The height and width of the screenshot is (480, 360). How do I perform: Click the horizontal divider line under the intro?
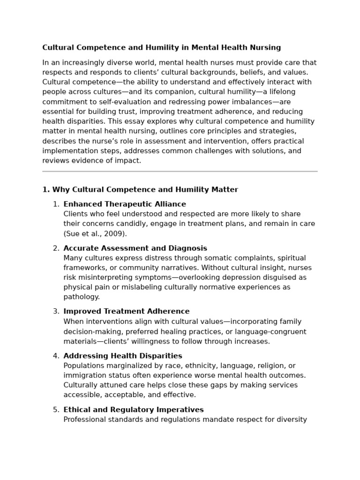[180, 172]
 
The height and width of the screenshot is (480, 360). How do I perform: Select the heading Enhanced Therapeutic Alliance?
[125, 204]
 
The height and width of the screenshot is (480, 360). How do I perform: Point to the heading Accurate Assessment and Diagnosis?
[135, 248]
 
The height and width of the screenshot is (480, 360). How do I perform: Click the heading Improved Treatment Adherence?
[127, 311]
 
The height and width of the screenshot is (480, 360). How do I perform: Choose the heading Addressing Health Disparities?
[123, 356]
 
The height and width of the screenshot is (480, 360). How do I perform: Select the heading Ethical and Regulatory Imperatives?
[134, 410]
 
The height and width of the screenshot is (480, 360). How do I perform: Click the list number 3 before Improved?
[56, 311]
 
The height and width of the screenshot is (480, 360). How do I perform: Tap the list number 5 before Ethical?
[56, 410]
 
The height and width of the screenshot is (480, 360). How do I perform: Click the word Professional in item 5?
[84, 420]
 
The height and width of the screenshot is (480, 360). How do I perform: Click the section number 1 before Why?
[45, 189]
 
